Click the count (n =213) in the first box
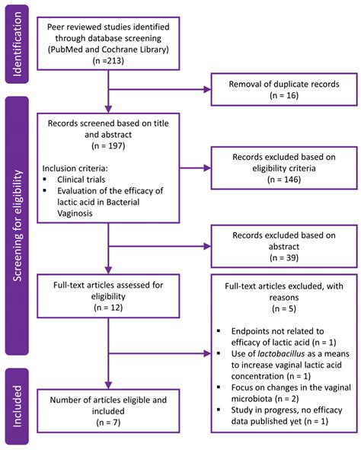pos(108,61)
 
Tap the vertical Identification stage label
pos(18,44)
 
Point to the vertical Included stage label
pos(18,406)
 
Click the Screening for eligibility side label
pos(18,225)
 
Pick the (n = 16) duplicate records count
pos(284,95)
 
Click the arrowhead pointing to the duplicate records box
pos(207,90)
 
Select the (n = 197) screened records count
pos(108,145)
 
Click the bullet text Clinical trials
pos(81,180)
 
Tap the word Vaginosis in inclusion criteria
pos(75,213)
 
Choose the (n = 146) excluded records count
pos(284,180)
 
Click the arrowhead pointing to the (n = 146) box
pos(207,168)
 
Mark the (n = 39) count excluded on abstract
pos(284,257)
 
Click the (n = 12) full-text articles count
pos(108,308)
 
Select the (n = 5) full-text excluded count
pos(284,309)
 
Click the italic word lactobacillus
pos(281,353)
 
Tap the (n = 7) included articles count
pos(108,423)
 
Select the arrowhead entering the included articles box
pos(108,385)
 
